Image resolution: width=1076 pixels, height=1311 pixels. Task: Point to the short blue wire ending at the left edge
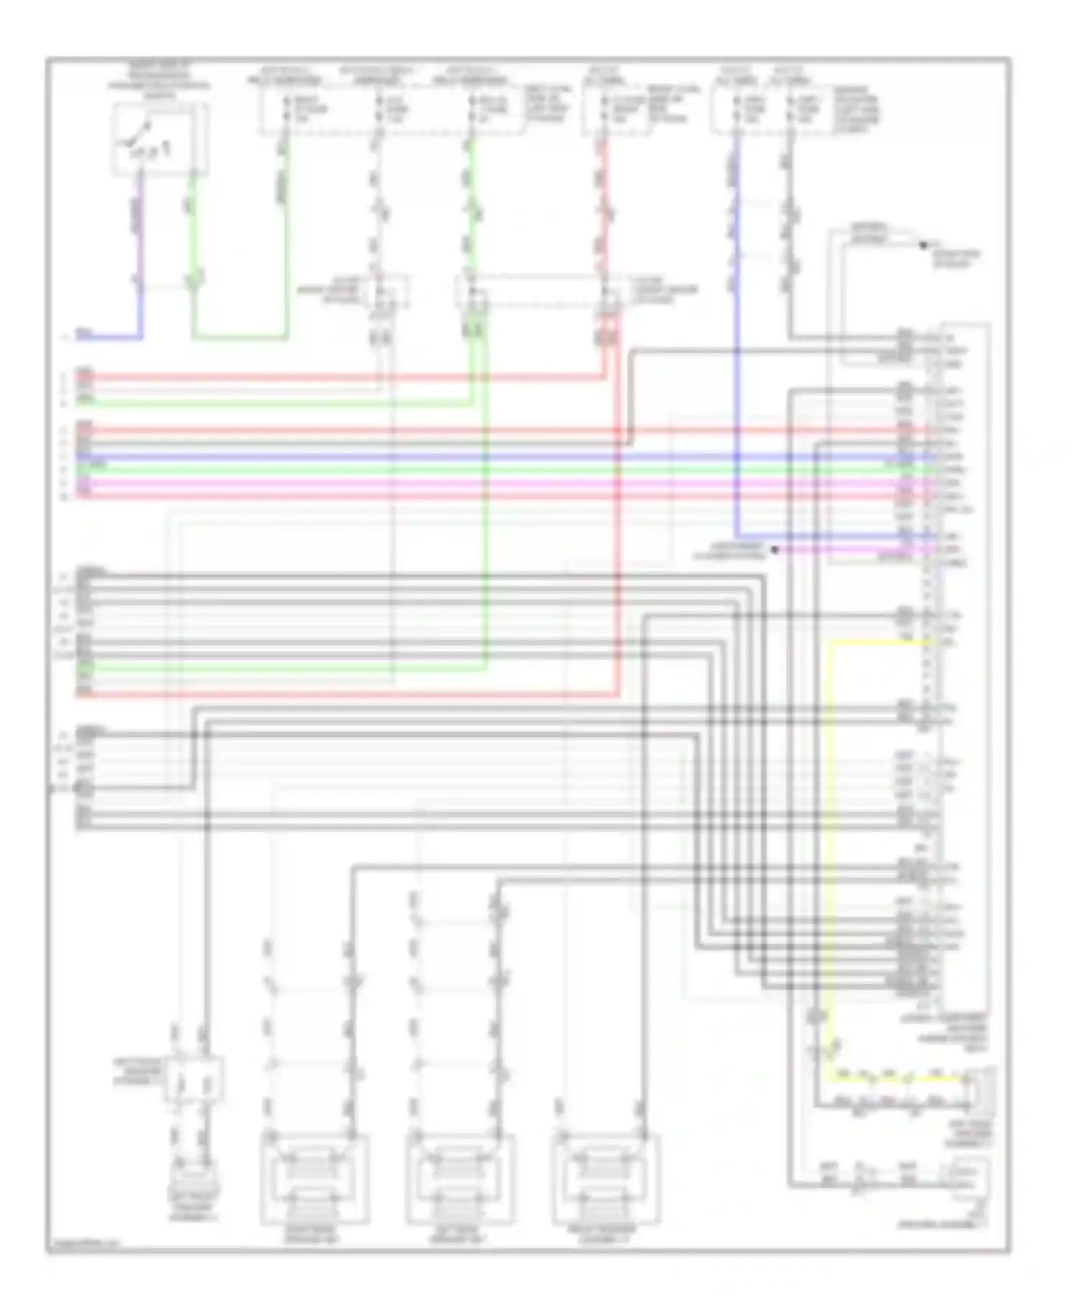pyautogui.click(x=108, y=336)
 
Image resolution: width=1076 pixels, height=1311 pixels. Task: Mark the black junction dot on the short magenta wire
pyautogui.click(x=775, y=550)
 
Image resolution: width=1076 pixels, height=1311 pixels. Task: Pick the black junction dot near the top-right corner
pyautogui.click(x=923, y=245)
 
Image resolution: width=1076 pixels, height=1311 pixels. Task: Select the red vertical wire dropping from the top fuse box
pyautogui.click(x=604, y=215)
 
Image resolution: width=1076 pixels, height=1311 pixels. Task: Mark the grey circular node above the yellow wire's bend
pyautogui.click(x=816, y=1016)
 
